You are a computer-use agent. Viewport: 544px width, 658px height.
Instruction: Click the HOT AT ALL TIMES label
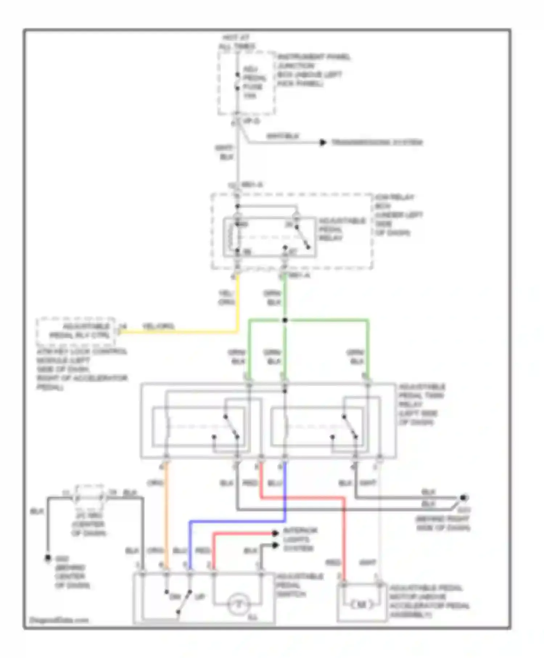[x=237, y=42]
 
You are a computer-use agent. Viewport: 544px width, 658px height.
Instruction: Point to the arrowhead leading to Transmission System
[x=322, y=143]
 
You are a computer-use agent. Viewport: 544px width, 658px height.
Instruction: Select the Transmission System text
[x=377, y=143]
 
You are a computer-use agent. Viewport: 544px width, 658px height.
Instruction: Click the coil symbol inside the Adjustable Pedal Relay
[x=231, y=237]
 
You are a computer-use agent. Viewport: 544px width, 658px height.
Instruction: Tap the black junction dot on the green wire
[x=285, y=320]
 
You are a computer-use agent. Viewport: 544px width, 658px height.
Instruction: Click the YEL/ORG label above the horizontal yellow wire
[x=158, y=326]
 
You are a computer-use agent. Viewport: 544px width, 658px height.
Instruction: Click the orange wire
[x=166, y=515]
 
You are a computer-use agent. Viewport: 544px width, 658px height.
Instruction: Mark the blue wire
[x=236, y=522]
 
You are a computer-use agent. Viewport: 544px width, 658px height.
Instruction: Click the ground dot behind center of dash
[x=48, y=558]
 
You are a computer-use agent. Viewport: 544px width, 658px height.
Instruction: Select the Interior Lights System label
[x=300, y=539]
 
